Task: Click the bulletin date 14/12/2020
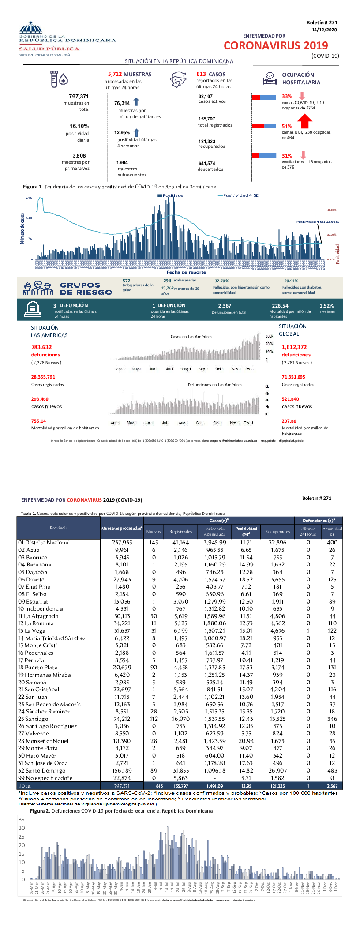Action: [324, 30]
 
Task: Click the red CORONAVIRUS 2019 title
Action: [276, 46]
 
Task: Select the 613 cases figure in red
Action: [201, 75]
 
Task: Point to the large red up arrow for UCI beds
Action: [304, 121]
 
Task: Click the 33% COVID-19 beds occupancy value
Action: [287, 96]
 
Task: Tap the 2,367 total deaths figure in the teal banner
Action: [225, 306]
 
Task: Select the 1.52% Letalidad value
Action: [326, 306]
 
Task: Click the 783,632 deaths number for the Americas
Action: [41, 347]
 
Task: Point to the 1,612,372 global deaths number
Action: [294, 347]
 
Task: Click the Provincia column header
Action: [59, 528]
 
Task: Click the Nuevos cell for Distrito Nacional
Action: [154, 543]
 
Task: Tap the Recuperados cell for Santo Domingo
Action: [277, 771]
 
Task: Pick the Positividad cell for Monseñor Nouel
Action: [246, 741]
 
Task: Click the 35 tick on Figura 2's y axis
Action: [22, 820]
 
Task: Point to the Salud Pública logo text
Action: [49, 49]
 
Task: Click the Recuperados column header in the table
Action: [277, 532]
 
